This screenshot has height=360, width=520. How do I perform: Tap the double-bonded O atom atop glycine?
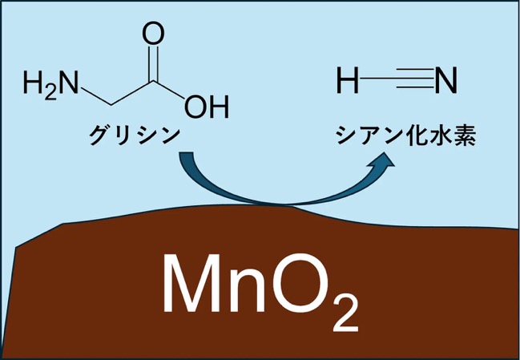pos(153,34)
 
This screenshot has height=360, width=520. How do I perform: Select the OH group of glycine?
pos(207,107)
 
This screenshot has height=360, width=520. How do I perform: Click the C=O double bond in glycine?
pos(153,63)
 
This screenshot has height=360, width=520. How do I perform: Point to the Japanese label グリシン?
pos(135,135)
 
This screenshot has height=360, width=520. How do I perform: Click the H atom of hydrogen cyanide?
pos(348,80)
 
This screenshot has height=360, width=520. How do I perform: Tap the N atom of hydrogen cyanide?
pos(446,80)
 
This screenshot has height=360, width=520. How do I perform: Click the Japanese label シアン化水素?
pos(406,135)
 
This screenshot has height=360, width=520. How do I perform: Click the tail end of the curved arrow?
pos(186,152)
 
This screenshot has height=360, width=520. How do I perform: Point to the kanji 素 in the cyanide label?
pos(466,135)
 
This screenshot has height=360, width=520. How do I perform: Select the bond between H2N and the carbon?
pos(96,97)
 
